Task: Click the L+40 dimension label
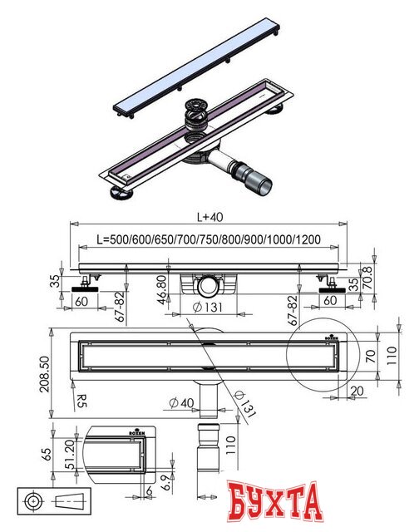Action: click(x=210, y=217)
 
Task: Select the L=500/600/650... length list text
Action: click(x=209, y=239)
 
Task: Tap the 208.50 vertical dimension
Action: click(x=44, y=374)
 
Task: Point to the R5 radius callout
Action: click(x=81, y=401)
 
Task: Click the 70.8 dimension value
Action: click(x=367, y=277)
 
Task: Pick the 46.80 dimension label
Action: click(x=162, y=289)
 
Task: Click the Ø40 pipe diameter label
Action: click(x=181, y=402)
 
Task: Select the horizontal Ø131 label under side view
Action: click(x=208, y=307)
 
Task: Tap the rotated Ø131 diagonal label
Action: click(x=244, y=404)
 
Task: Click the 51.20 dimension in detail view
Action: click(x=70, y=455)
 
